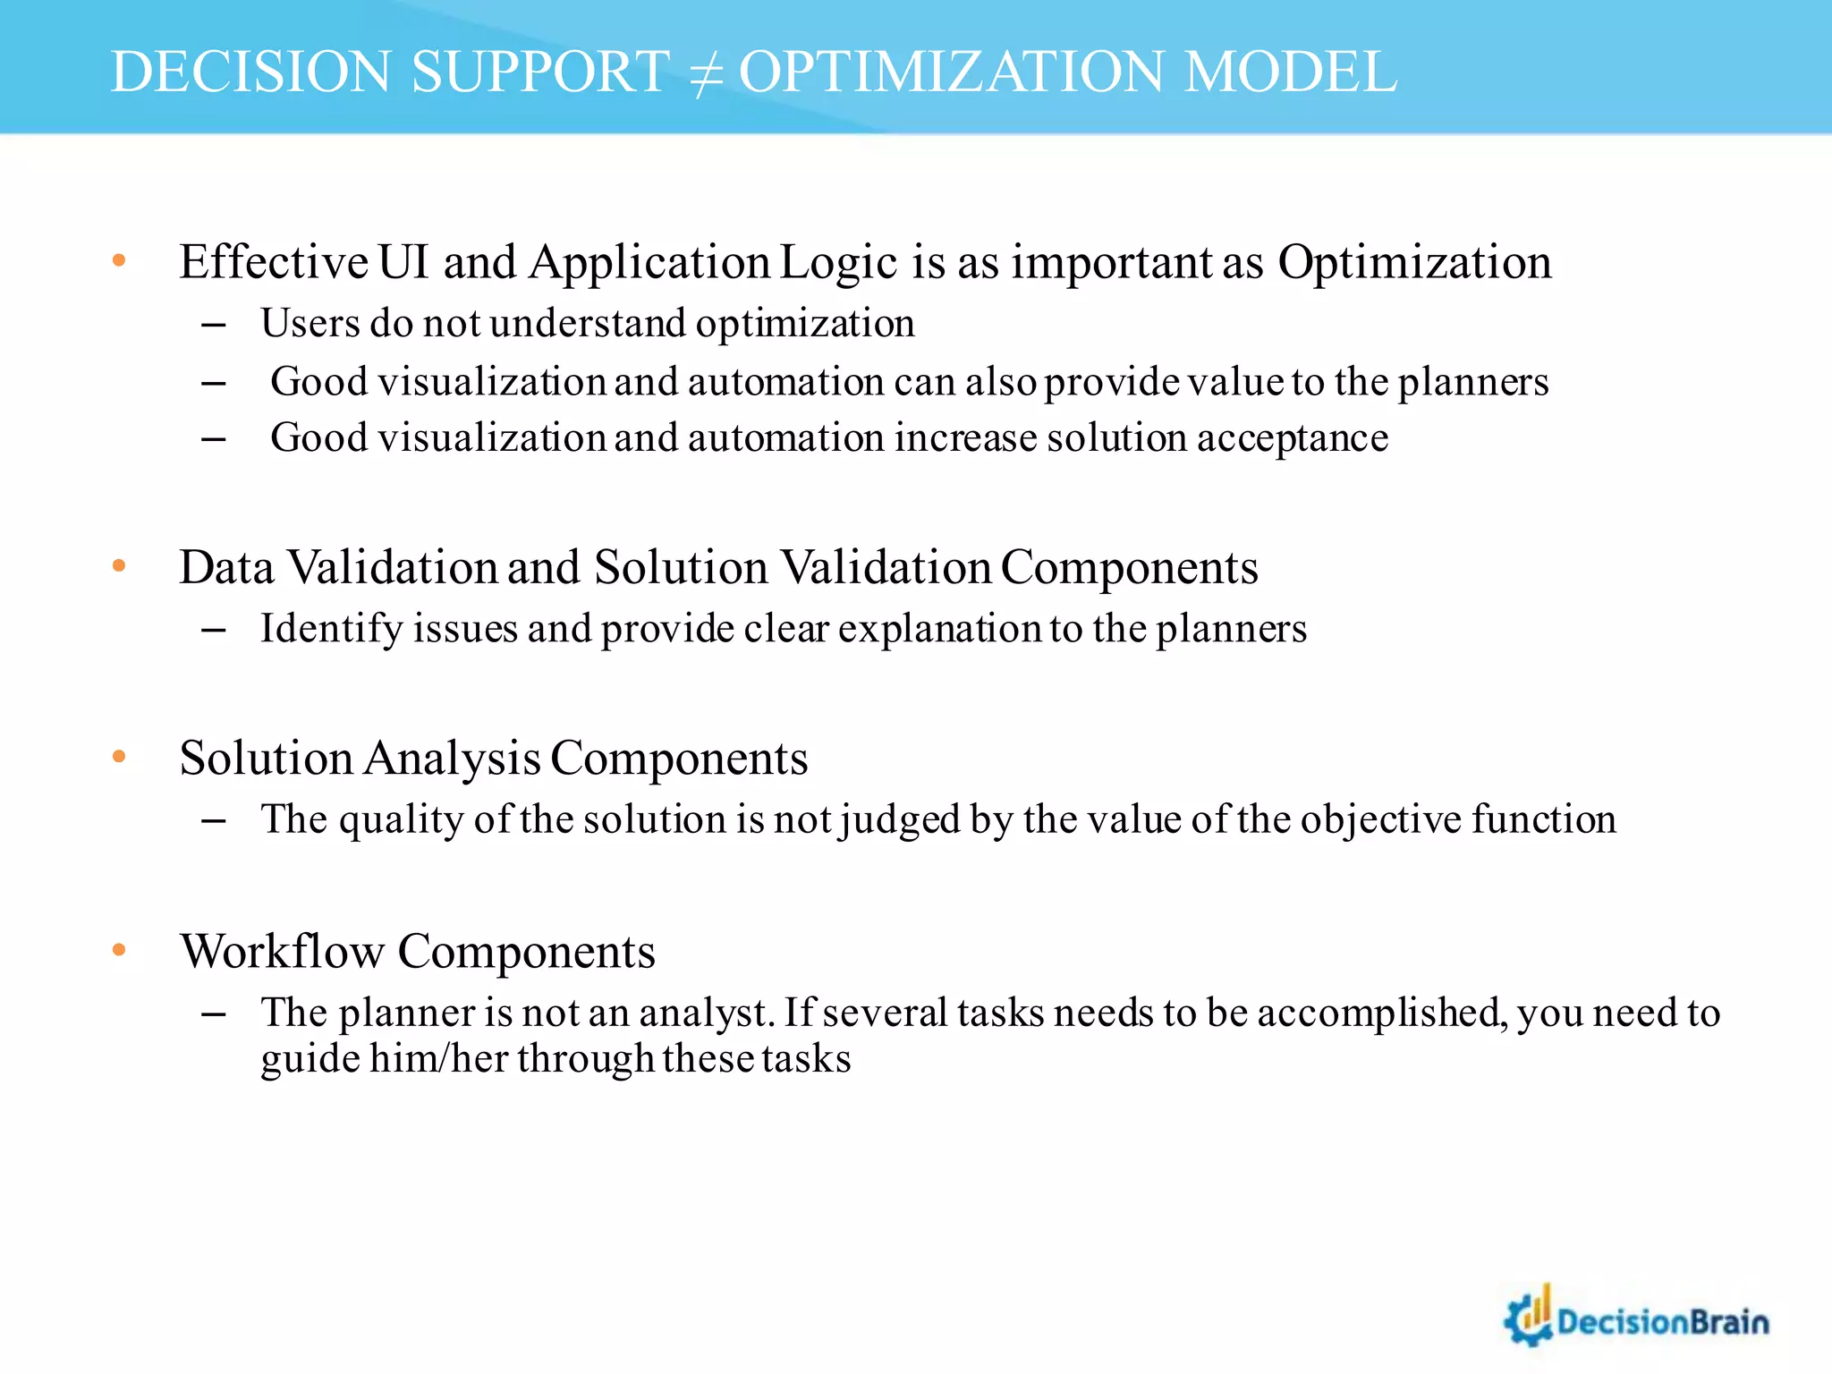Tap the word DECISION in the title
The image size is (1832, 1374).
(251, 72)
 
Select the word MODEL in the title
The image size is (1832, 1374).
(1290, 72)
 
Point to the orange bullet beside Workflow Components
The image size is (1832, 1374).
(119, 950)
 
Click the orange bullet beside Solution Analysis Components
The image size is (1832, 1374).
(119, 757)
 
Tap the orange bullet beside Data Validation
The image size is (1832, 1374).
(119, 566)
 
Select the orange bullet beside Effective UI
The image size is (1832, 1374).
(119, 261)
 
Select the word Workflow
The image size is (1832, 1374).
(283, 951)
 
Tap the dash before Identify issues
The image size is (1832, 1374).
(213, 630)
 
